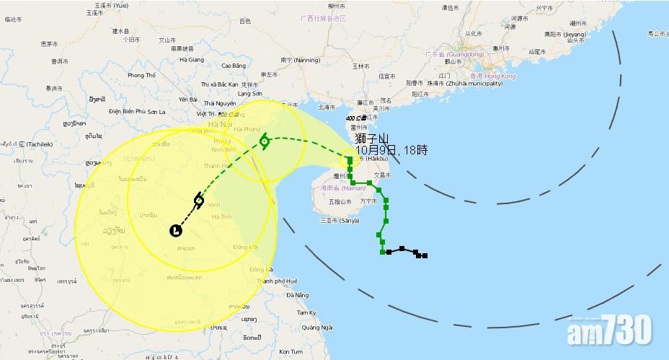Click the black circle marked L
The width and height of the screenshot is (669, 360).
(175, 230)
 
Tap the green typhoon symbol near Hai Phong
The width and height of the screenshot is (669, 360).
(265, 141)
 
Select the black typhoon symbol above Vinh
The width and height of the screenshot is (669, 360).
(198, 200)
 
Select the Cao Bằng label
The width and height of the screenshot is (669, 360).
(234, 66)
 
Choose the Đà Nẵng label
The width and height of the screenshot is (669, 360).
(298, 295)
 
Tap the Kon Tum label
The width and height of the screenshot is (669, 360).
(291, 351)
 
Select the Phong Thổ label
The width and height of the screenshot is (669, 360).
(141, 75)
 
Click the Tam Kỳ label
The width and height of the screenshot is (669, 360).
(307, 312)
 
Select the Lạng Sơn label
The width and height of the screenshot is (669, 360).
(249, 93)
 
